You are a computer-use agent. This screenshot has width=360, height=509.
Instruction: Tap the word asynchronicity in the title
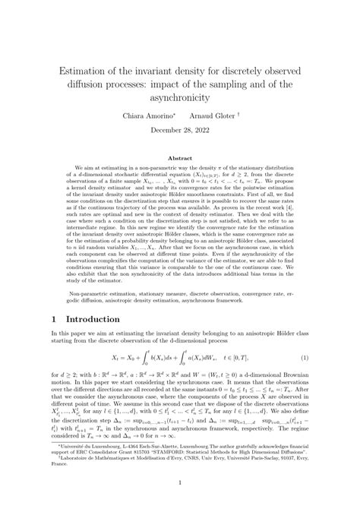(x=181, y=98)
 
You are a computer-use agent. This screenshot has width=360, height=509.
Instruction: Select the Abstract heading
(x=180, y=158)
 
